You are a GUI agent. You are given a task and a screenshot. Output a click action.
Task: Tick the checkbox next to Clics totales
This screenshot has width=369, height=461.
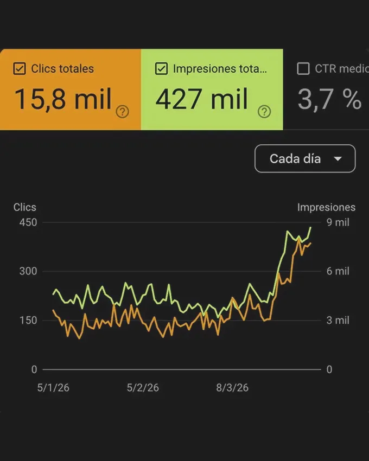point(20,69)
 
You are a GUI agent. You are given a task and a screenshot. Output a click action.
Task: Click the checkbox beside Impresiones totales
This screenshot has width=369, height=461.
point(161,69)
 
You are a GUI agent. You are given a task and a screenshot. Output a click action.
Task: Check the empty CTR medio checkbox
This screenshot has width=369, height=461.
point(303,69)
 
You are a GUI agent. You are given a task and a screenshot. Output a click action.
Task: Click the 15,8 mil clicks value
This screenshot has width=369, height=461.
point(62,99)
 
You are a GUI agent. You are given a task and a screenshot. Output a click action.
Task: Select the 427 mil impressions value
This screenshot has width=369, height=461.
point(202,99)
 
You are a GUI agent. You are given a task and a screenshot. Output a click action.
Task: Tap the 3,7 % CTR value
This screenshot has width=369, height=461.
point(329,99)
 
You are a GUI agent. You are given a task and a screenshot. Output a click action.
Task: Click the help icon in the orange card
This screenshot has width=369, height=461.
point(123,112)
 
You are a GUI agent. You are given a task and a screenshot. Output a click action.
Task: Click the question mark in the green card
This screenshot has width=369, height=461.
point(264,112)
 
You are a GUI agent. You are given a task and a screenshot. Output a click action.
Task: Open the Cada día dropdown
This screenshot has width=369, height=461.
point(304,159)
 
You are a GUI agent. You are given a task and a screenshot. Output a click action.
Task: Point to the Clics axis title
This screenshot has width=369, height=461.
point(25,207)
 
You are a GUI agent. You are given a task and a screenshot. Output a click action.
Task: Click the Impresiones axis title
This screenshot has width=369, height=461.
point(326,207)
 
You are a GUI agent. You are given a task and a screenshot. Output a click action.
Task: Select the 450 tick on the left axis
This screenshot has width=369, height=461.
point(28,222)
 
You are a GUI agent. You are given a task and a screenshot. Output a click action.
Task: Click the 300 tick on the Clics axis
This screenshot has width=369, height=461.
point(28,271)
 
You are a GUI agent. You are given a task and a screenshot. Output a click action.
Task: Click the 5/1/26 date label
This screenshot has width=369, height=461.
point(53,388)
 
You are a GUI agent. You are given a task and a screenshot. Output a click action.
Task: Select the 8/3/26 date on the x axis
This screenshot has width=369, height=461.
point(232,388)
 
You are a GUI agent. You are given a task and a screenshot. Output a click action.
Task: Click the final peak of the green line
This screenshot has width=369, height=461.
point(310,228)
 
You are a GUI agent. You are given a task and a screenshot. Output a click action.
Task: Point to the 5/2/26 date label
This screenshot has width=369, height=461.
point(143,388)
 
